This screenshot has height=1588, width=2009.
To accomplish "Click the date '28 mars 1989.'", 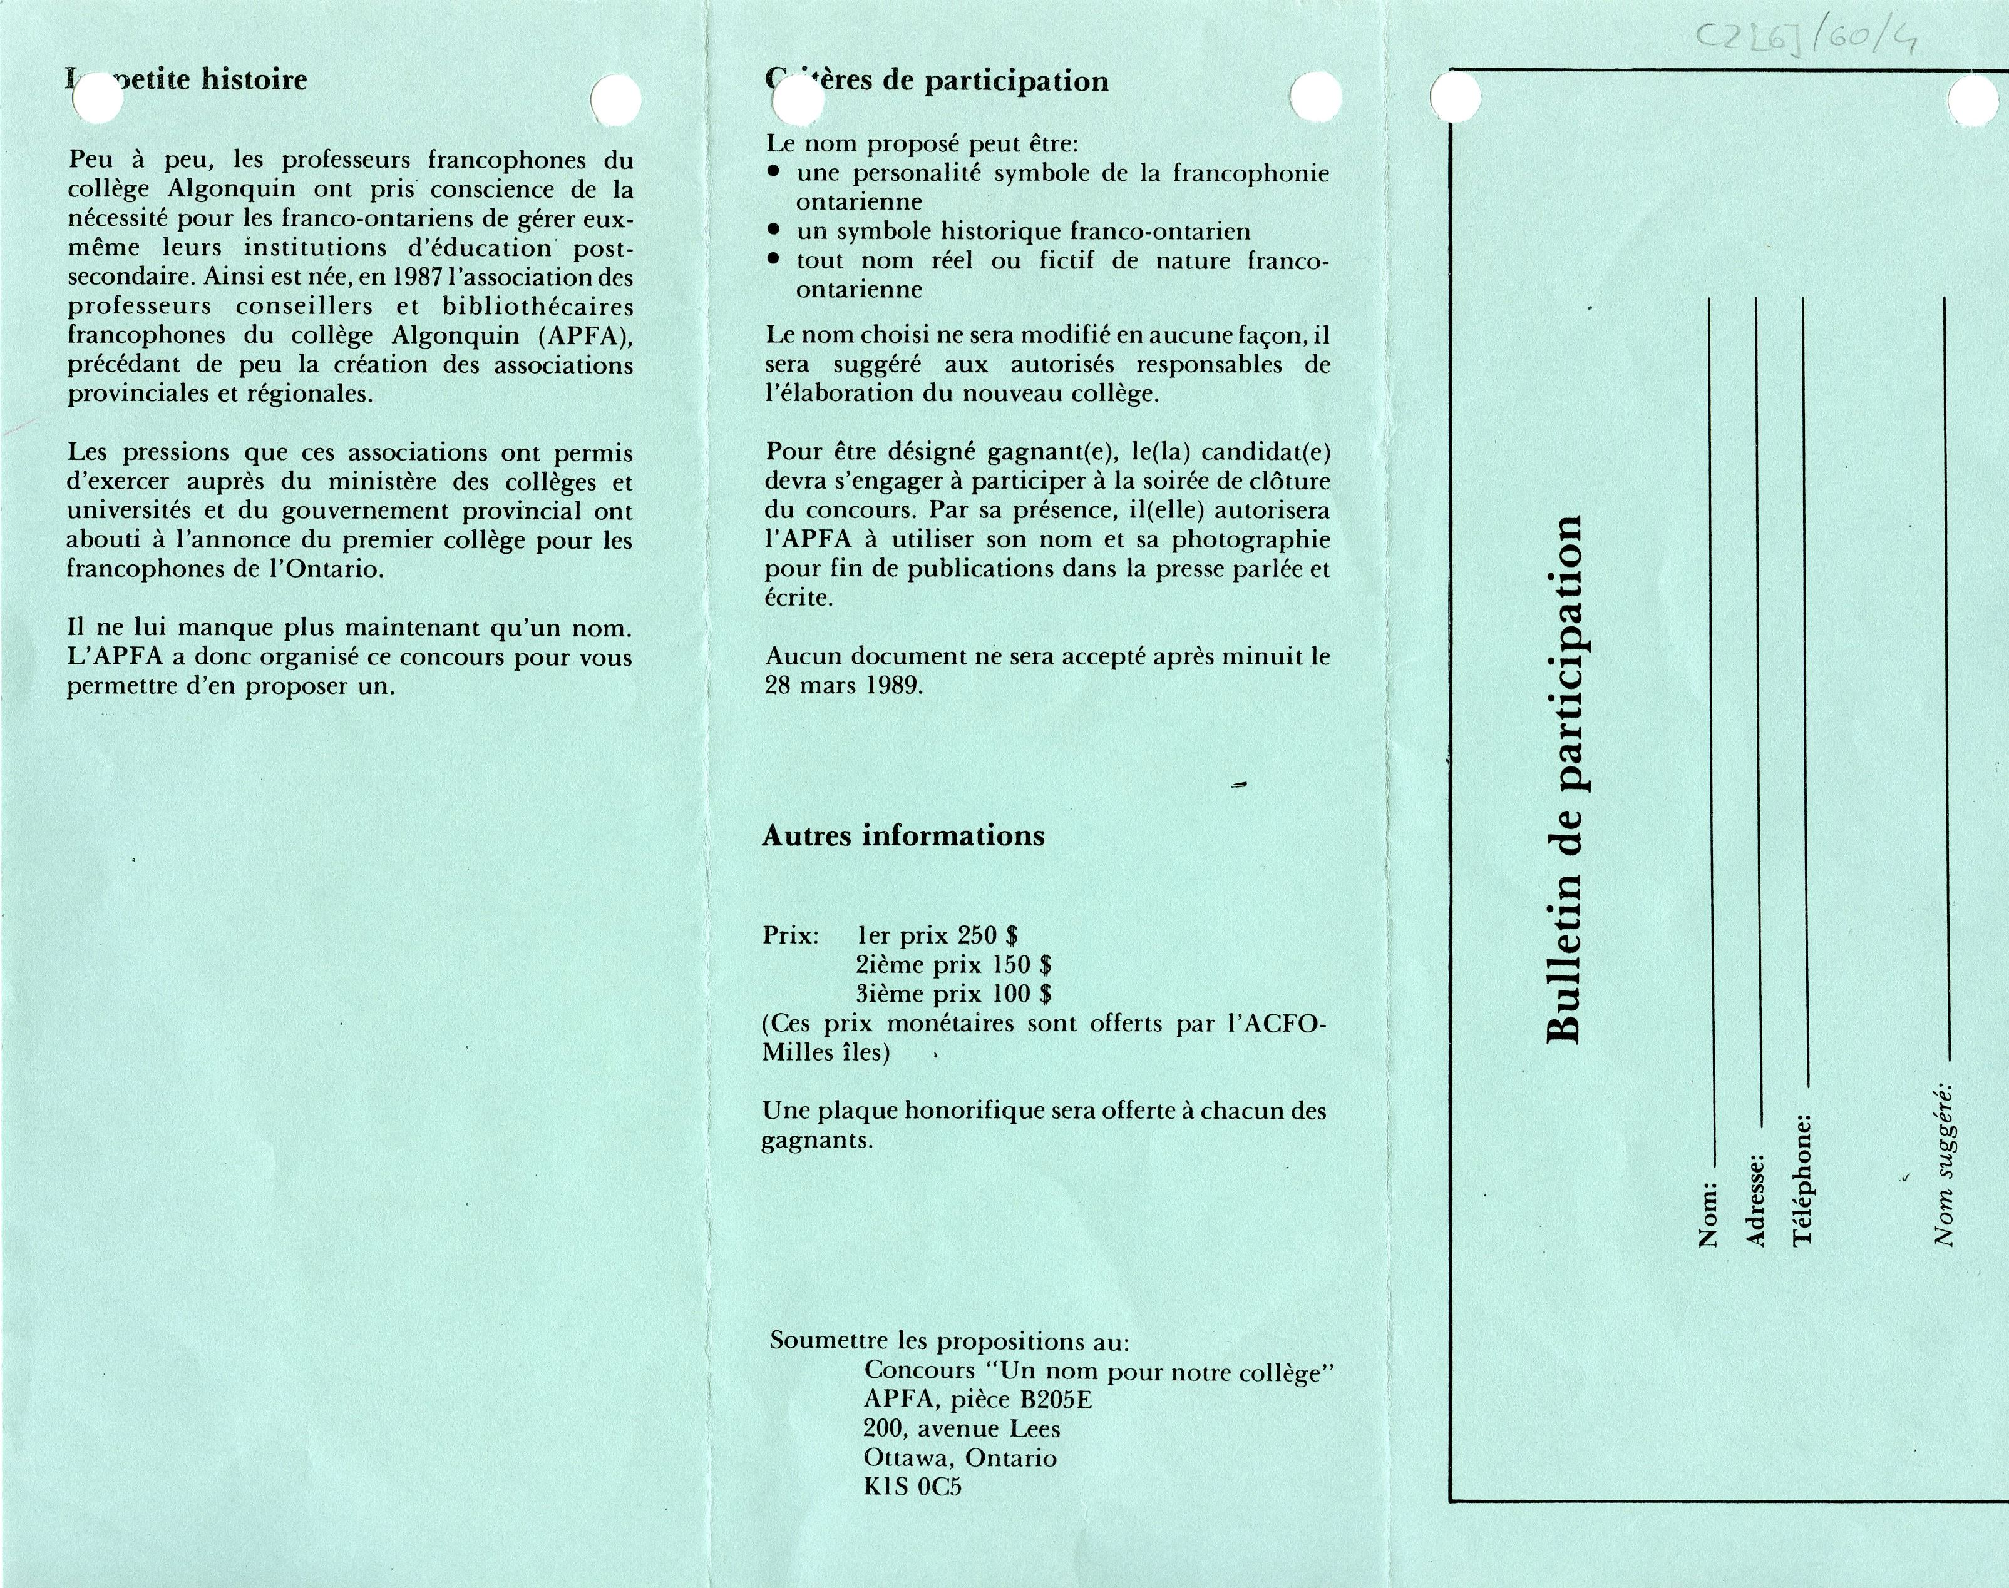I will [843, 685].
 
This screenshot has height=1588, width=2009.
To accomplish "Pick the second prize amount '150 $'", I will [1021, 964].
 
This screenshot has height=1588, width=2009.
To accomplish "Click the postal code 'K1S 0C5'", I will [912, 1486].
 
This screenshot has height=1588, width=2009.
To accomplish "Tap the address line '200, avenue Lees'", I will [962, 1428].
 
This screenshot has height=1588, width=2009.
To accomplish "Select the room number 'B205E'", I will [1056, 1399].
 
